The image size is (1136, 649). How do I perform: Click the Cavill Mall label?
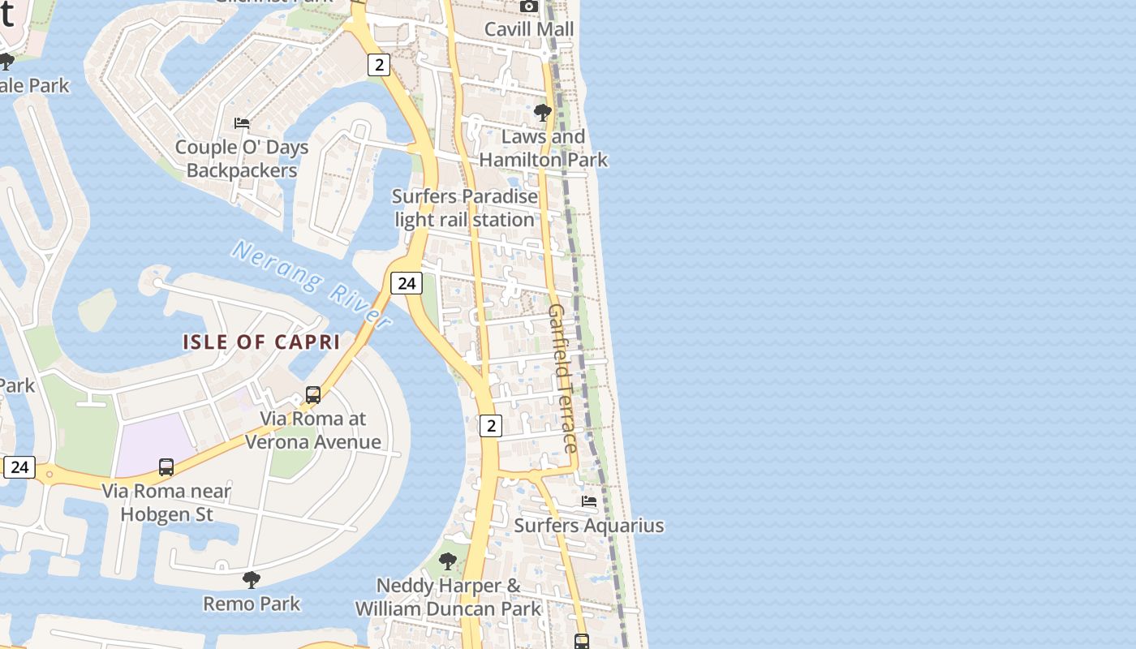click(528, 29)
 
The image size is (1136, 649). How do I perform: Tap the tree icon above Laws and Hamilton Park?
click(543, 112)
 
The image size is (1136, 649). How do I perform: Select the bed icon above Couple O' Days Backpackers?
click(242, 123)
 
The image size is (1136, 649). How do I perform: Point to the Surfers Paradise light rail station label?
click(465, 208)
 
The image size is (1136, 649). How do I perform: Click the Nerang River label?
click(312, 283)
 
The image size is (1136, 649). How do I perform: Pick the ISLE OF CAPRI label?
click(261, 342)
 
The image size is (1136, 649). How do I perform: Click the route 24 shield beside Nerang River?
click(407, 283)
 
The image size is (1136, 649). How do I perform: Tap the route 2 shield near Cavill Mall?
click(378, 64)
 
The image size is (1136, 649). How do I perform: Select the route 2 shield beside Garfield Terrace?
click(490, 425)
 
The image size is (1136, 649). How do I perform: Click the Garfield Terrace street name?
click(562, 378)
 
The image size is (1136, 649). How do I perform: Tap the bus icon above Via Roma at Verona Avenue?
click(313, 395)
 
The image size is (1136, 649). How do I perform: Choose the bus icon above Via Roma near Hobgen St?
click(166, 467)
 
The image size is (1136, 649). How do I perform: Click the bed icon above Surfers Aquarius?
click(589, 501)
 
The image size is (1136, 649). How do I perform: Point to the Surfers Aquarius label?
click(589, 526)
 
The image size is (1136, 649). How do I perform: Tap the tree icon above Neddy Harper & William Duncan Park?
click(448, 561)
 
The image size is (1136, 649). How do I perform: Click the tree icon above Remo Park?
click(252, 579)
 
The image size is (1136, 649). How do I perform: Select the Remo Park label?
click(252, 604)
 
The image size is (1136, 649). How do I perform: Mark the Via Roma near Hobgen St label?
click(166, 503)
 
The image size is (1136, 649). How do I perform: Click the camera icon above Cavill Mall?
click(529, 6)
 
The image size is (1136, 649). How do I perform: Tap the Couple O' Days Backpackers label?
click(242, 159)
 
